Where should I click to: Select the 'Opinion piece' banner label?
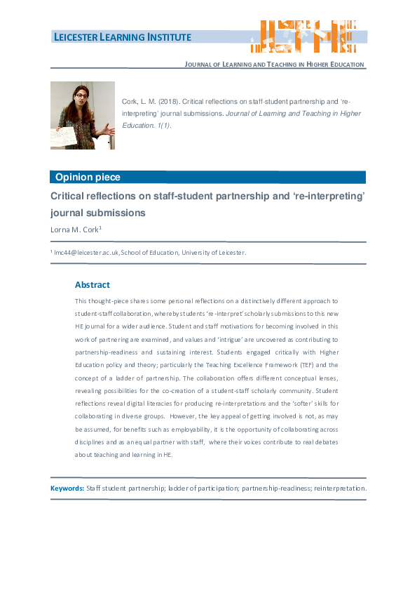click(88, 178)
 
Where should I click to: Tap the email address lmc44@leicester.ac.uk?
click(87, 253)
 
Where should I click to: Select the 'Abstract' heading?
click(93, 285)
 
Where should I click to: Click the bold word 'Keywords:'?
click(67, 488)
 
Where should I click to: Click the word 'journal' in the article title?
click(71, 212)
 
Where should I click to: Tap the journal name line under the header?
click(274, 65)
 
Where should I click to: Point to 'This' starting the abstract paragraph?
click(82, 300)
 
